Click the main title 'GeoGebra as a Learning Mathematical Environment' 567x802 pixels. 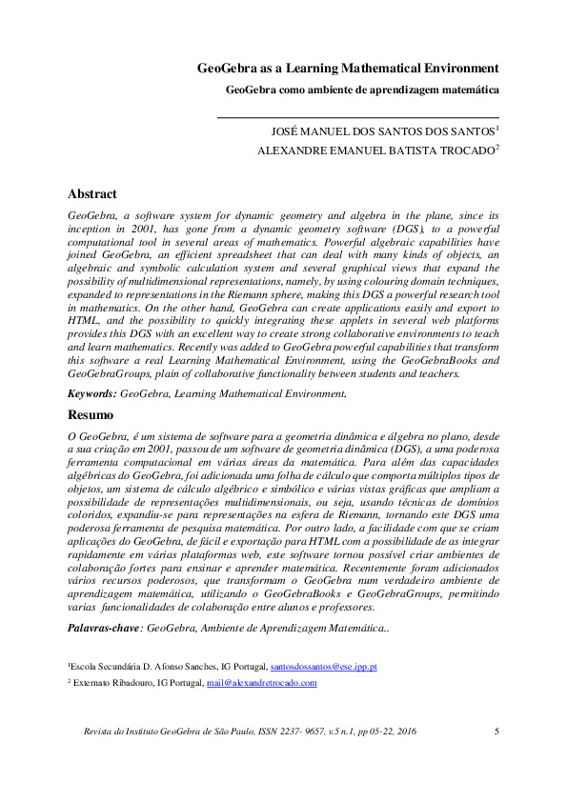click(348, 69)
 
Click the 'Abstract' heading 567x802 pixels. click(91, 193)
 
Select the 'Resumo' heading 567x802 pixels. click(91, 415)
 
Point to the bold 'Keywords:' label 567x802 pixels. click(92, 392)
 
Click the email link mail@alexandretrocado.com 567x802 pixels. click(261, 683)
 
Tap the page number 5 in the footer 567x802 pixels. click(496, 732)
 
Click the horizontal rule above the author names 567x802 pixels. click(358, 117)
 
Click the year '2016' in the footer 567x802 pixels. click(405, 732)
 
